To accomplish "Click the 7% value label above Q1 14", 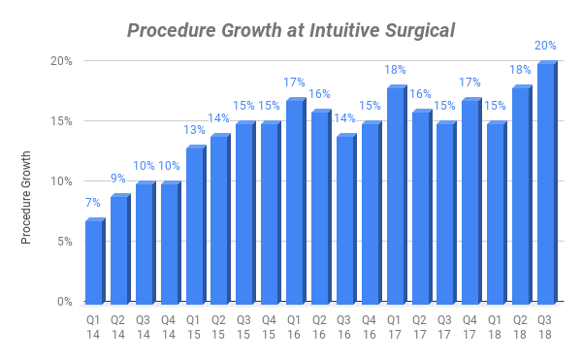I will (x=93, y=204).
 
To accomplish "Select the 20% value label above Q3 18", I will (x=546, y=47).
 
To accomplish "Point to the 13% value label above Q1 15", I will (x=194, y=131).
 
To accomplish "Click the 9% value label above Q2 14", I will (x=118, y=180).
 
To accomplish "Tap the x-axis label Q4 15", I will (x=270, y=326).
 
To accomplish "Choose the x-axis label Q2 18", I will (x=521, y=326).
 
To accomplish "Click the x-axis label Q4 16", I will (x=371, y=326).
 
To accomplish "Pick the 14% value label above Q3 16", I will (x=345, y=119).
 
